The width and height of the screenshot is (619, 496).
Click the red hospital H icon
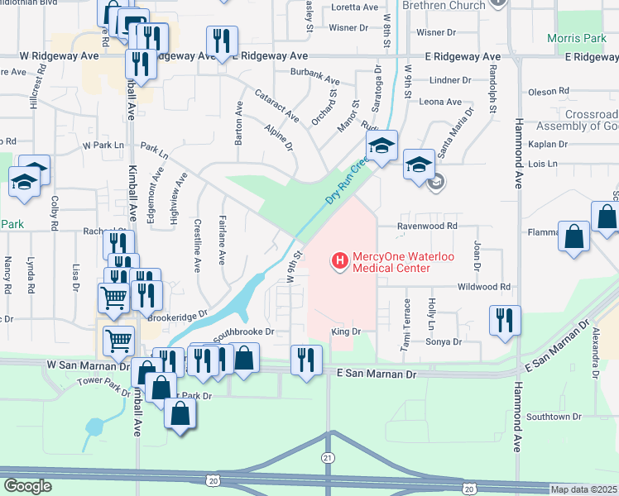[x=338, y=261]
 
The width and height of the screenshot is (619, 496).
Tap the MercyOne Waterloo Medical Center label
[x=391, y=262]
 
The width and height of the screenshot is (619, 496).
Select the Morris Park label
[x=577, y=39]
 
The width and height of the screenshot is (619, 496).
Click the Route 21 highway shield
[x=328, y=457]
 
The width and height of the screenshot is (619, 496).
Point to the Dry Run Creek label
[x=346, y=180]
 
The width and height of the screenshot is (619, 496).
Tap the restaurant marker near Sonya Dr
[x=505, y=321]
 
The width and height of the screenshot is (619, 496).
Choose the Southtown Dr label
[x=554, y=417]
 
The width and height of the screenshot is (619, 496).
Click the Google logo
[x=26, y=486]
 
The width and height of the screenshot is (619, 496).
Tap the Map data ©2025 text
[x=584, y=489]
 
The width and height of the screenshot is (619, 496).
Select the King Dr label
[x=347, y=331]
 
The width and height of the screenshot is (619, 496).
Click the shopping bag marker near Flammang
[x=574, y=236]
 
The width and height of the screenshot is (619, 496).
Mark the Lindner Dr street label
[x=451, y=81]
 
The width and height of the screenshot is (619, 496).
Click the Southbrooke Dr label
[x=243, y=334]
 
